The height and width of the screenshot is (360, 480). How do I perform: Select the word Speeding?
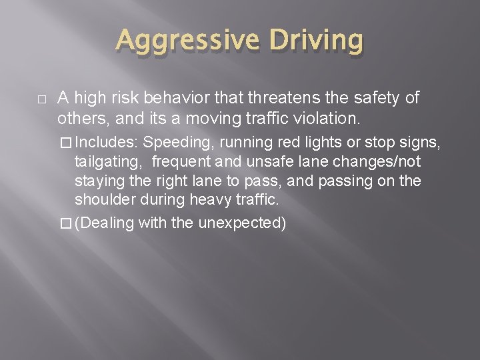tap(173, 142)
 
